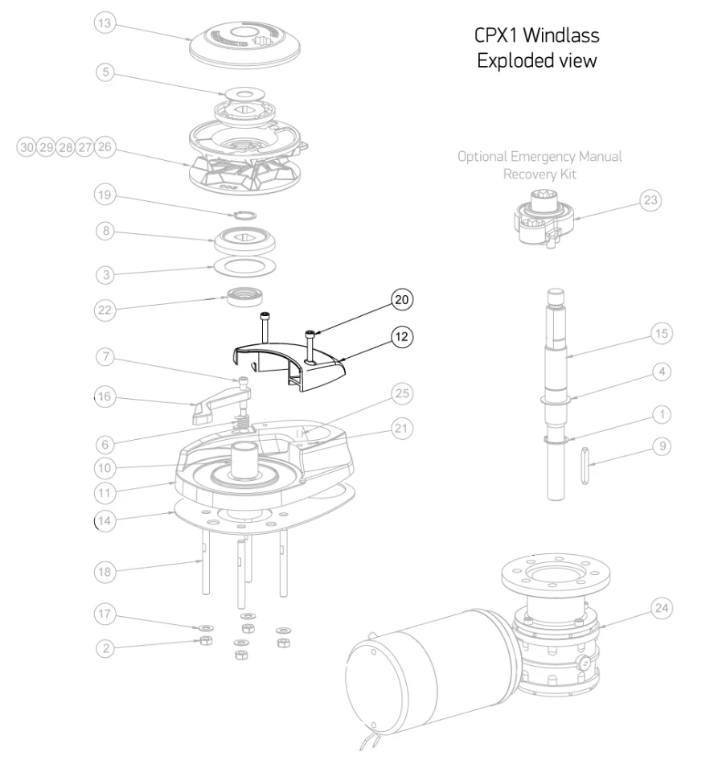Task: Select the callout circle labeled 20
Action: [x=401, y=299]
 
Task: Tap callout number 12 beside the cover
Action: [x=401, y=336]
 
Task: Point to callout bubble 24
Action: [x=661, y=607]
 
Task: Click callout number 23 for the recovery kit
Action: [x=650, y=200]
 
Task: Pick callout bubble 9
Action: [x=661, y=445]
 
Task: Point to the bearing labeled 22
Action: [x=247, y=297]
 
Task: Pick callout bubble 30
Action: [x=27, y=147]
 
